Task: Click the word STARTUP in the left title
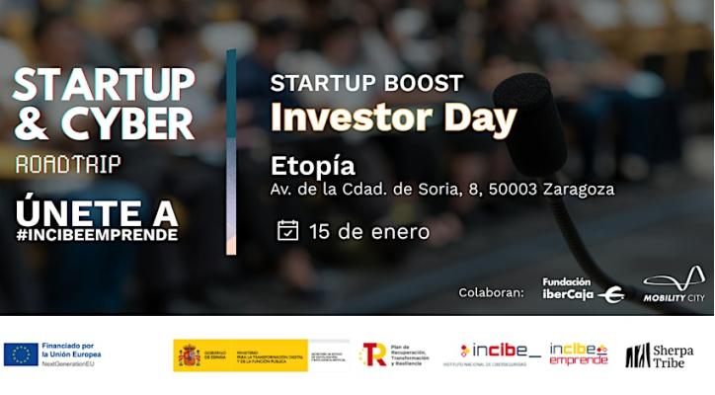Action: (103, 86)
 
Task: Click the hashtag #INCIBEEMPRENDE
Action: (97, 235)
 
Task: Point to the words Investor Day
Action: (393, 118)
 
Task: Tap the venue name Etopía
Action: (312, 165)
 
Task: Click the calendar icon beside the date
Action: (287, 231)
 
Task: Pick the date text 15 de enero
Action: (368, 232)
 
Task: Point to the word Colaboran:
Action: (491, 292)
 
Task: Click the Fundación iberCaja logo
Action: (583, 288)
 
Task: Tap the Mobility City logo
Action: (674, 284)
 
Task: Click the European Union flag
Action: (21, 355)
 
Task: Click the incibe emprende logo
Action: (578, 355)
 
